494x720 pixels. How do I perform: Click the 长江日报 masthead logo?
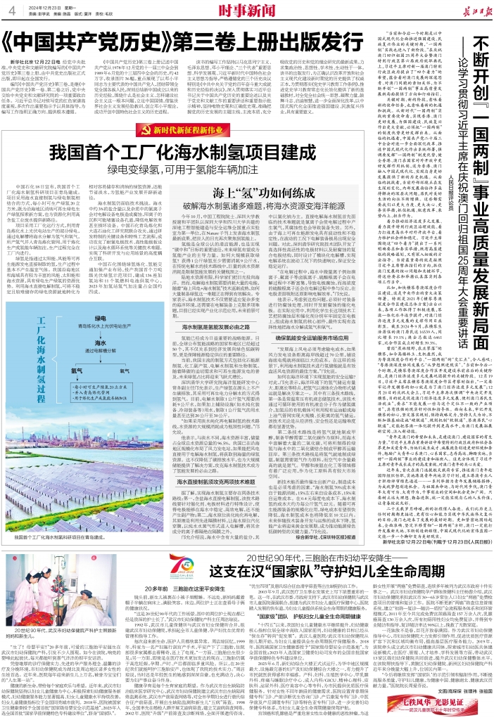465,9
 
